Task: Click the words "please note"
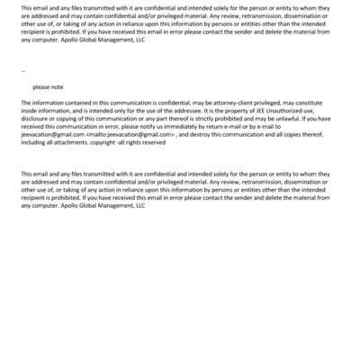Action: [48, 87]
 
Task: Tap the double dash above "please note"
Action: [22, 70]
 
